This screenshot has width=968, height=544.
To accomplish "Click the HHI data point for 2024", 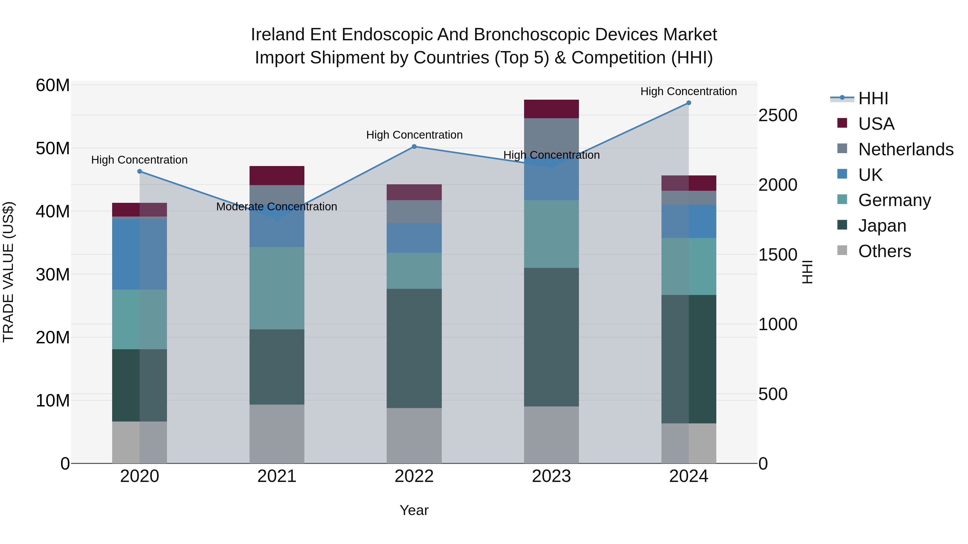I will pyautogui.click(x=688, y=103).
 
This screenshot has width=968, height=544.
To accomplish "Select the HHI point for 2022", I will pyautogui.click(x=414, y=146).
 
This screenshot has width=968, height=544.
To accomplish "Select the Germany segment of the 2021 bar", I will pyautogui.click(x=277, y=288).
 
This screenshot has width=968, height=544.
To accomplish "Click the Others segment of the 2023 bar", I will pyautogui.click(x=551, y=435).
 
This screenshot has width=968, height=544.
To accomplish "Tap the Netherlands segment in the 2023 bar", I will pyautogui.click(x=551, y=137).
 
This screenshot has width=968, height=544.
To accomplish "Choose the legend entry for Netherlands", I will pyautogui.click(x=905, y=149).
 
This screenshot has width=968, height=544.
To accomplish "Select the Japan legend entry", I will pyautogui.click(x=882, y=226).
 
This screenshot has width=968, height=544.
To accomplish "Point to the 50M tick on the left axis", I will pyautogui.click(x=53, y=148).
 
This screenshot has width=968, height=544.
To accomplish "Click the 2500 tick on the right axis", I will pyautogui.click(x=777, y=115).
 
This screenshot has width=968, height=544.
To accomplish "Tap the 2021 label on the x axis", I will pyautogui.click(x=277, y=476).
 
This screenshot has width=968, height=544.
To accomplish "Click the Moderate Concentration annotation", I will pyautogui.click(x=277, y=207).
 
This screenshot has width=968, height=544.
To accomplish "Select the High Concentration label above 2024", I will pyautogui.click(x=688, y=91).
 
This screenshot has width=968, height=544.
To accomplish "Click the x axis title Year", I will pyautogui.click(x=414, y=510).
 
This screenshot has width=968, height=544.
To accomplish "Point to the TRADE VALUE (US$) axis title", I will pyautogui.click(x=8, y=272).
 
